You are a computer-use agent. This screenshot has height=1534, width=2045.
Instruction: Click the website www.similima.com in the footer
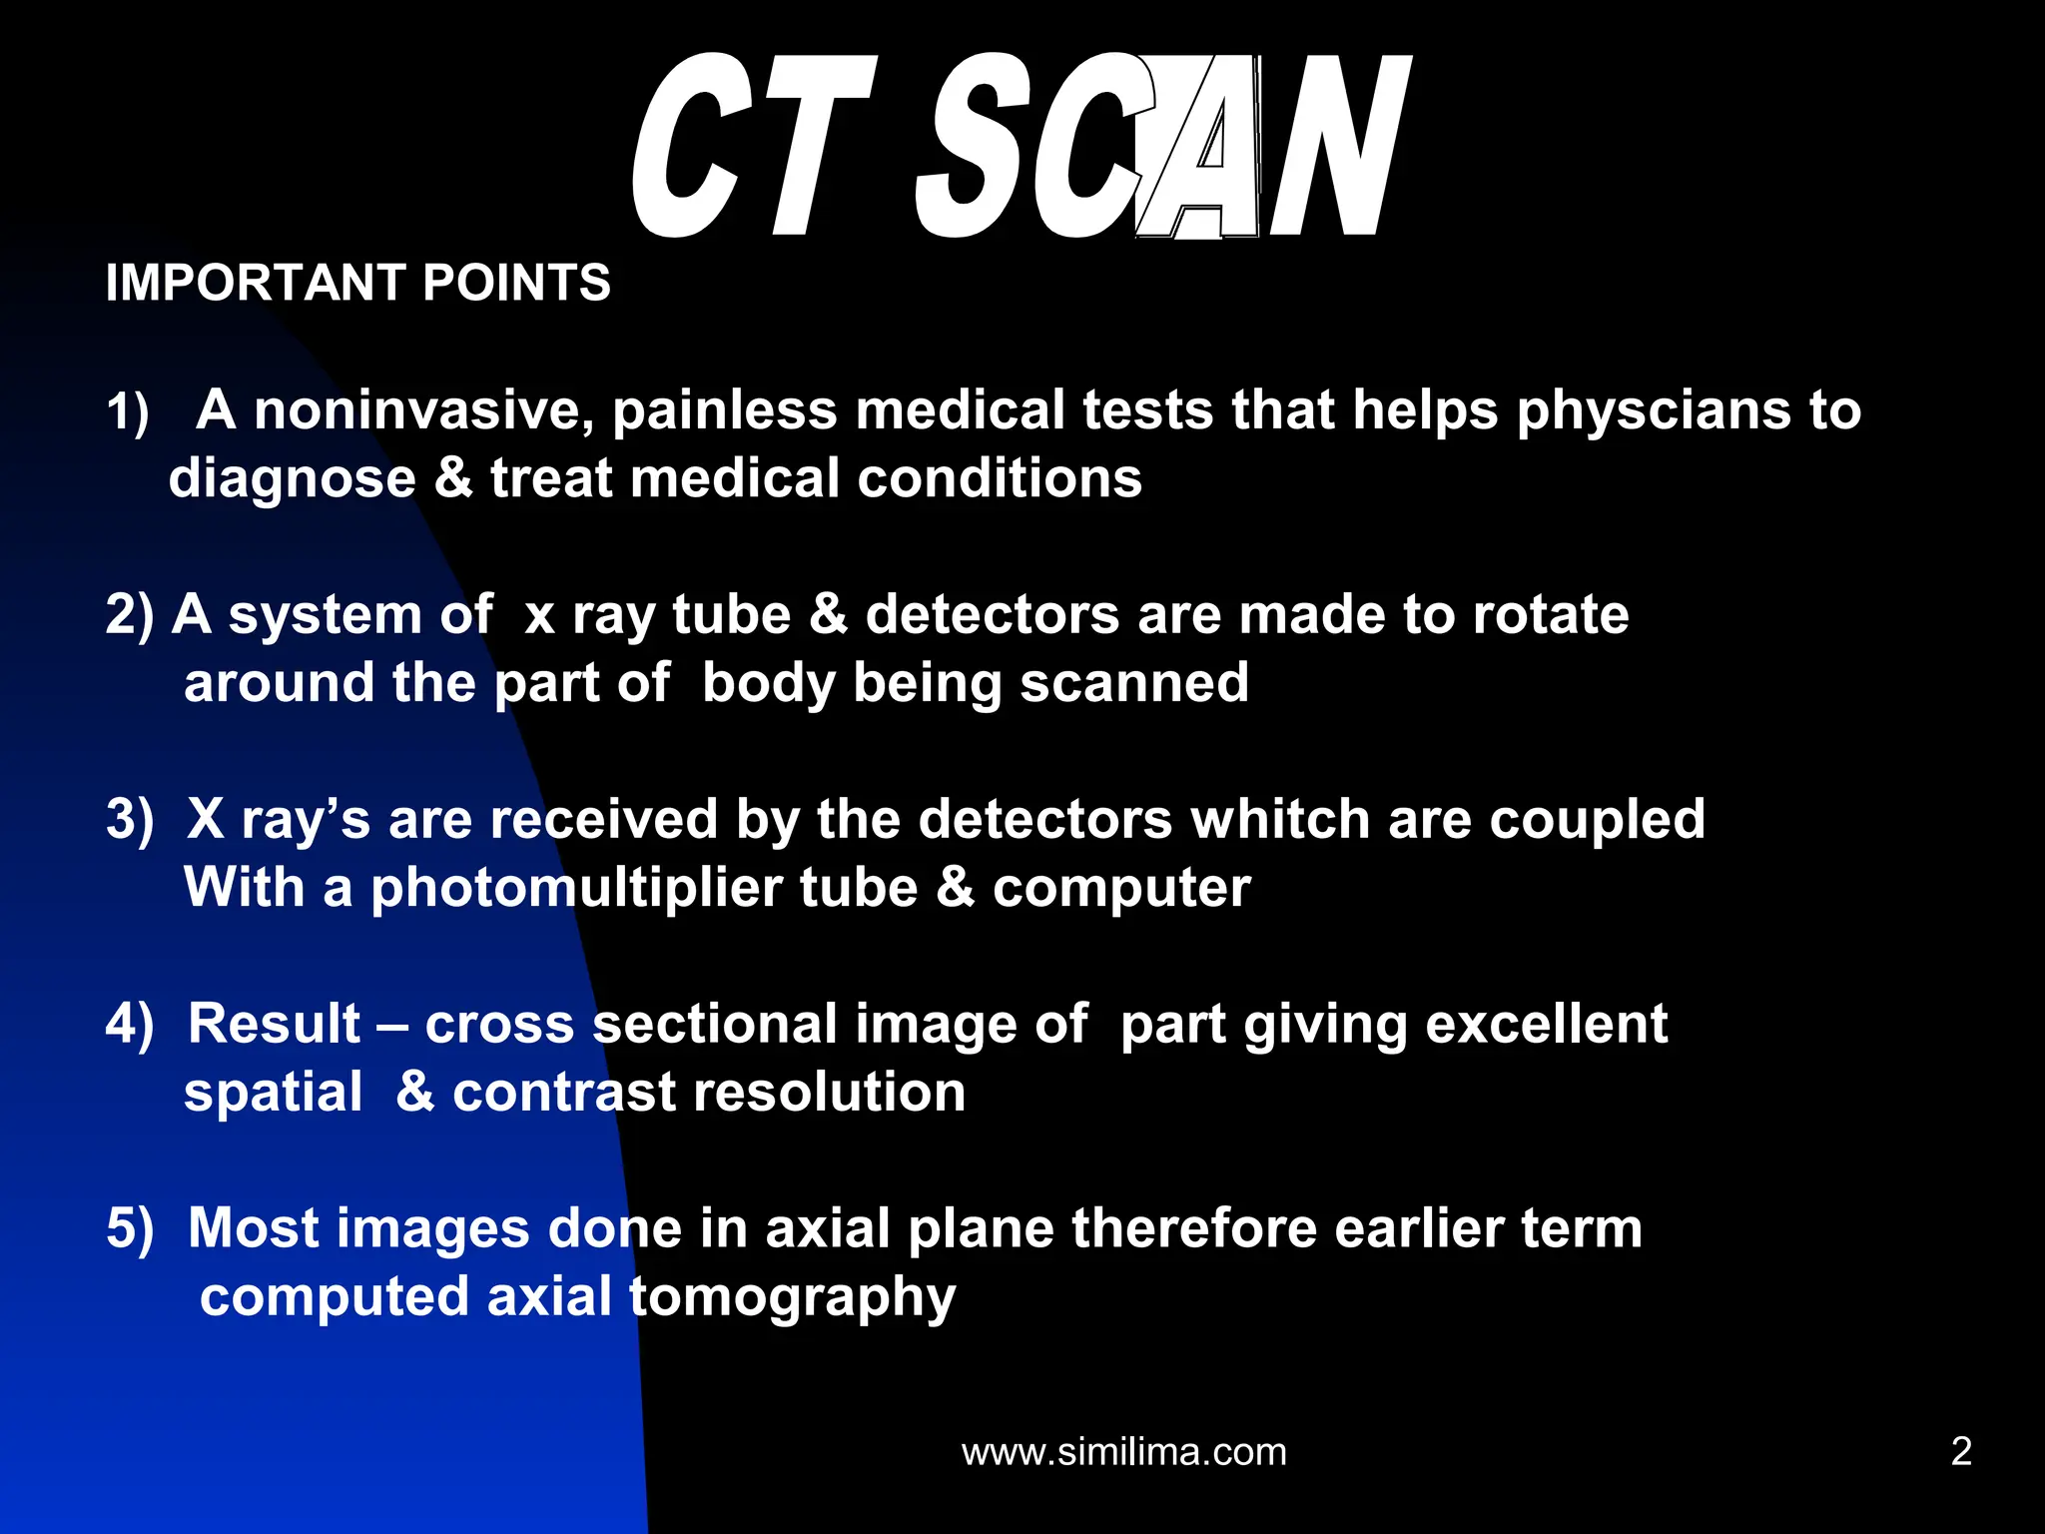[x=1123, y=1451]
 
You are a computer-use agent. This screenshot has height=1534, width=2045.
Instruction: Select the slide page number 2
[x=1961, y=1451]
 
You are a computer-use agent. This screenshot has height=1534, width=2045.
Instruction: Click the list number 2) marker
[x=130, y=614]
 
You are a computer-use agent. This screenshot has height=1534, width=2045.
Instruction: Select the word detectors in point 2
[x=992, y=614]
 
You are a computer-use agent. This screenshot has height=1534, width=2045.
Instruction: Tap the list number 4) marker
[x=130, y=1024]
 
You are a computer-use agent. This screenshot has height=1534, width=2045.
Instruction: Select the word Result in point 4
[x=275, y=1024]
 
